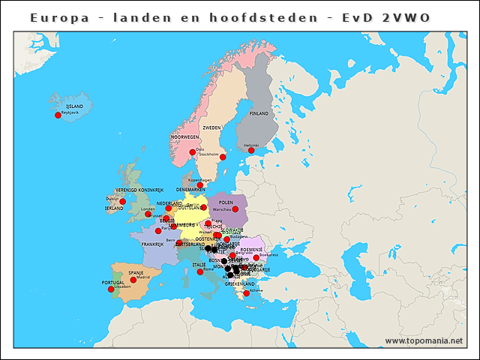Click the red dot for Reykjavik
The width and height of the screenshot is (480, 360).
tap(58, 115)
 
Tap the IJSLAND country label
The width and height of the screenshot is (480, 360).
tap(75, 107)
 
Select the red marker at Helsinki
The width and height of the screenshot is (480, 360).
tap(251, 151)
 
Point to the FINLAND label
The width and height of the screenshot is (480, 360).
tap(259, 113)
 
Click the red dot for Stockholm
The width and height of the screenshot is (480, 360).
tap(223, 157)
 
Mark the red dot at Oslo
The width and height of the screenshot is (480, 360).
tap(193, 152)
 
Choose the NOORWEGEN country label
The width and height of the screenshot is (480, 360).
tap(184, 138)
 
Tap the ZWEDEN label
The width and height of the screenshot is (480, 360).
tap(212, 128)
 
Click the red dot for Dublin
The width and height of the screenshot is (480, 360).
tap(122, 202)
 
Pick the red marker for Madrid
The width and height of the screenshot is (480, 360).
tap(133, 280)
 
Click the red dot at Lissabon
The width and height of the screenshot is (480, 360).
tap(111, 289)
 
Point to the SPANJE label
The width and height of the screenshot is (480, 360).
tap(136, 272)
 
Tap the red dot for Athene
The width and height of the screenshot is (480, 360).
tap(247, 293)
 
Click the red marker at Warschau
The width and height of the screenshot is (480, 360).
tap(235, 209)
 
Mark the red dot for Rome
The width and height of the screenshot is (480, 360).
tap(200, 271)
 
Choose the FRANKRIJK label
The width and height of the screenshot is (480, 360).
tap(153, 244)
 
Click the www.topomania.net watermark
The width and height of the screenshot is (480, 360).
tap(424, 341)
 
